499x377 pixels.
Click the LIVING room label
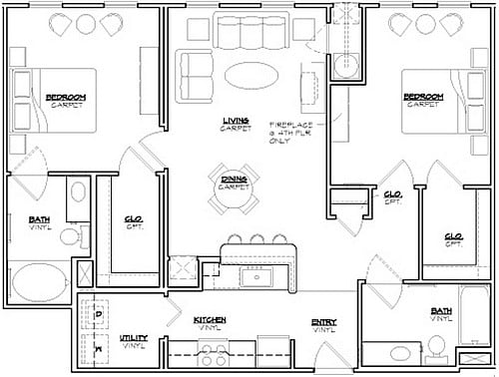(236, 125)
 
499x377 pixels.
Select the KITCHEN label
(211, 322)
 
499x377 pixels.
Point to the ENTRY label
(322, 324)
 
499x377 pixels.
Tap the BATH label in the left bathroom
(39, 221)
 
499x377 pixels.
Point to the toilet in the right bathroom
(434, 346)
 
